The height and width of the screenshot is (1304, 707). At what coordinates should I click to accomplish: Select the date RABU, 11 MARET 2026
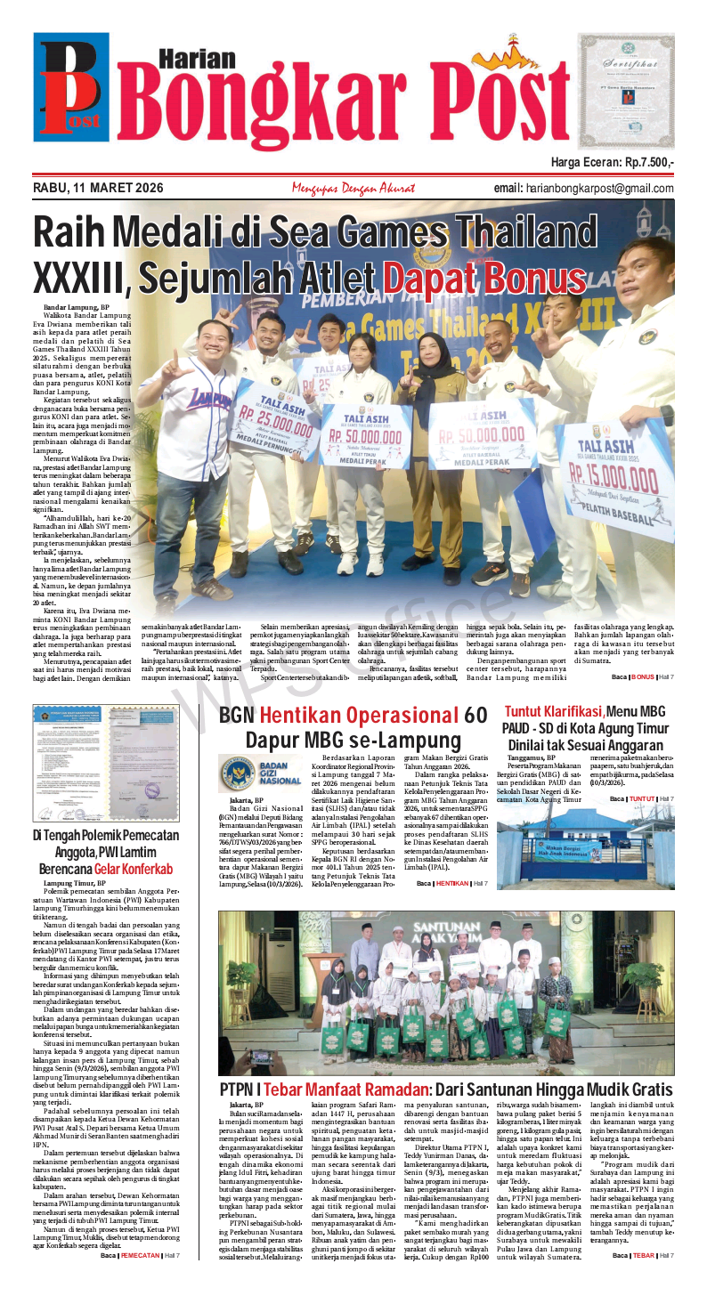[98, 189]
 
